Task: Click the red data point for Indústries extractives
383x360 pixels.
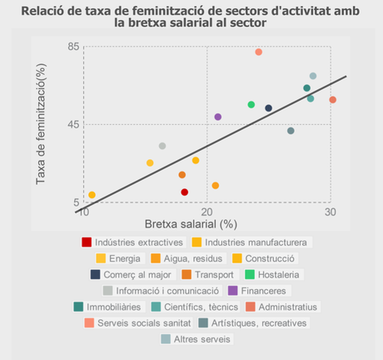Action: point(185,192)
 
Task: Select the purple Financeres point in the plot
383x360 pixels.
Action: point(218,117)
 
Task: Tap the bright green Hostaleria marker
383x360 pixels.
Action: point(251,104)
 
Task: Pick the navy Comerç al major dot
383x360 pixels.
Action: point(269,108)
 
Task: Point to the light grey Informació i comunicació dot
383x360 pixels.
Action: point(162,146)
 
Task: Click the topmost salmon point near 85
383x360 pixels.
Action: point(259,52)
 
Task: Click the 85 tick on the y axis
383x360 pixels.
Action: point(72,47)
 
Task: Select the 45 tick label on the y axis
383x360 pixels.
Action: point(72,125)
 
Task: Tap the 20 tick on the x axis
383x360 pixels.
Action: point(206,213)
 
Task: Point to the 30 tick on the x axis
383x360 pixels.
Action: point(331,213)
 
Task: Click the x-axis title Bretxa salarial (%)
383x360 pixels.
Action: point(191,224)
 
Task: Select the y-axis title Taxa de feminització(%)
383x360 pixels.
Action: point(41,125)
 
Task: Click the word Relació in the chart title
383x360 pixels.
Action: point(44,12)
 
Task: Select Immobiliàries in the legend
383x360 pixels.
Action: point(112,307)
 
